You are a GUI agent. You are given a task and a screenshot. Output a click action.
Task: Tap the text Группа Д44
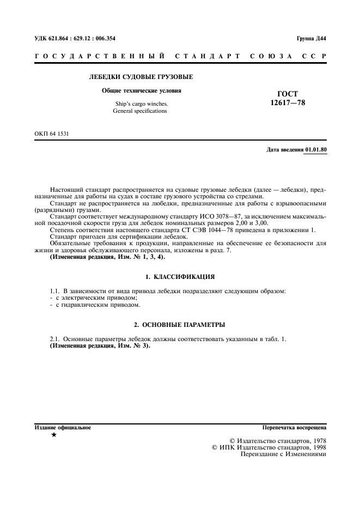click(x=311, y=38)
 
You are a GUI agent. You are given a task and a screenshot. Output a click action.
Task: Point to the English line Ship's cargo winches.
click(x=142, y=104)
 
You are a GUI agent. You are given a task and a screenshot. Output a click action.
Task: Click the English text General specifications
click(x=140, y=111)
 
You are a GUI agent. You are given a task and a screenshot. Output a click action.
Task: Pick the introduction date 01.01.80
click(x=316, y=149)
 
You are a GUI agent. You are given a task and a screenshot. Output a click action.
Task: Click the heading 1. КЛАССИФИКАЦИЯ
click(x=180, y=277)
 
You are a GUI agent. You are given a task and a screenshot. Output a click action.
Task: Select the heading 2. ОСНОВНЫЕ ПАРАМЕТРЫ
click(x=180, y=325)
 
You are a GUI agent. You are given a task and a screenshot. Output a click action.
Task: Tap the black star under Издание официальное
click(x=53, y=435)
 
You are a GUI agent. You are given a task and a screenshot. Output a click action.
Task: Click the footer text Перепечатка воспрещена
click(x=294, y=428)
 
